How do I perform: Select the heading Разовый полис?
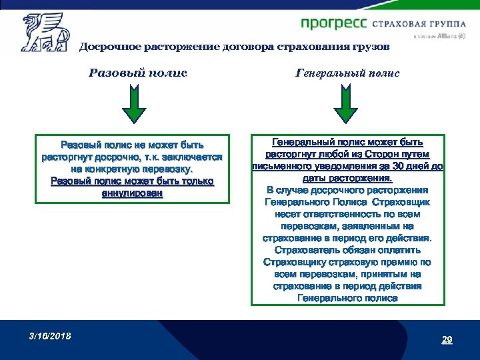pos(137,73)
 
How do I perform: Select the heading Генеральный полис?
pos(347,73)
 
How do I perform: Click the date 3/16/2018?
pos(50,335)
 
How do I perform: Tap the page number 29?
pos(447,340)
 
